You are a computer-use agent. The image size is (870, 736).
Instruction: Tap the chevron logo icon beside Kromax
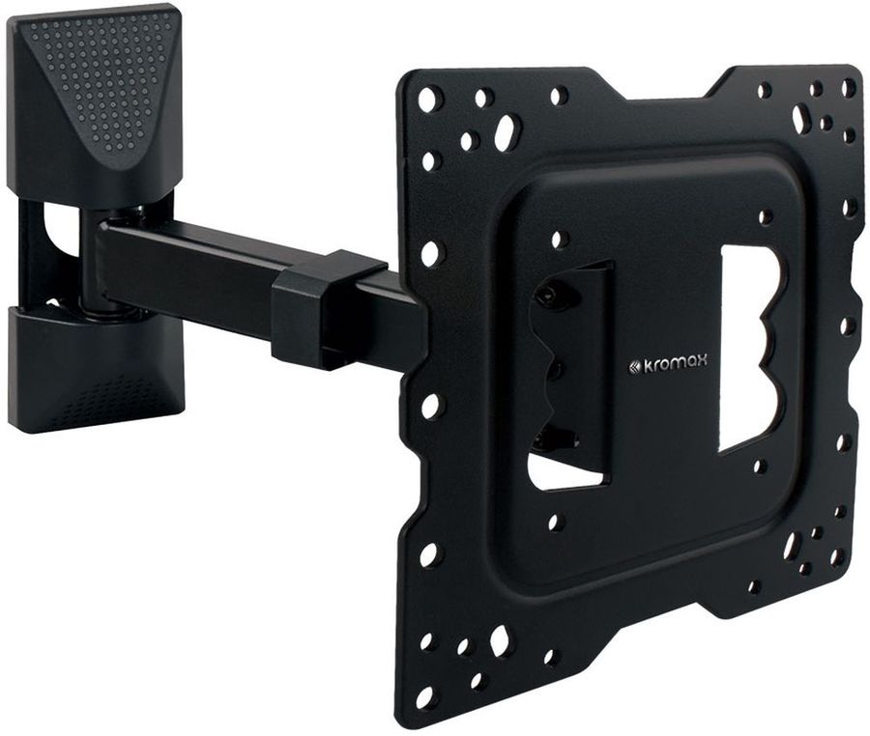634,365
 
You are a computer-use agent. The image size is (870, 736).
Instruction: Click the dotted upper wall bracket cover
96,96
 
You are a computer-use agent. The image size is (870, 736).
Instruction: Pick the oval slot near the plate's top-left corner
504,128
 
